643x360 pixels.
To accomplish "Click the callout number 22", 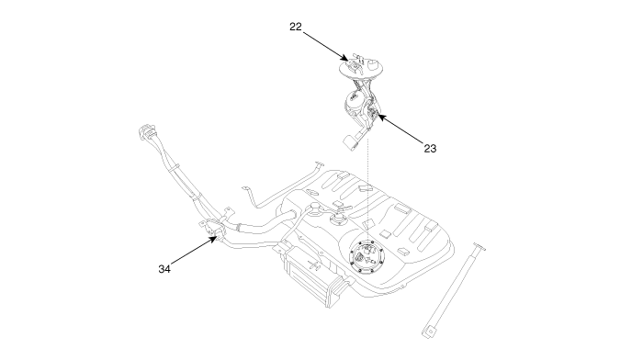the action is [296, 27].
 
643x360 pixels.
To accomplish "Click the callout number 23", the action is [430, 149].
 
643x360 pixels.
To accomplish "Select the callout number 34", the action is [164, 269].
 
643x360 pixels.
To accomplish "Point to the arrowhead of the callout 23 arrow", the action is [380, 118].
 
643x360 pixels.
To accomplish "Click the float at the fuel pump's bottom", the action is [351, 141].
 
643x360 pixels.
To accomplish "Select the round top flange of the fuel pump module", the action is [361, 69].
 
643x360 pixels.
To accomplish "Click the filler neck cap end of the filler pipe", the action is [146, 132].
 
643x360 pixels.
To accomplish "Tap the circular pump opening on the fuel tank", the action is [367, 256].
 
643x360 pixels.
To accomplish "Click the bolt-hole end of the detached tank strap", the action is [429, 332].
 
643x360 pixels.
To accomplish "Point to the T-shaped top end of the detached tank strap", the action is [479, 246].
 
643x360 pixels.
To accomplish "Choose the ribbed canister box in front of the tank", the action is [315, 276].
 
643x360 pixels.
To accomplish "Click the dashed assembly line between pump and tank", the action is [368, 189].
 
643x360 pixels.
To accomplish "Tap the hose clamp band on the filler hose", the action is [237, 226].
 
